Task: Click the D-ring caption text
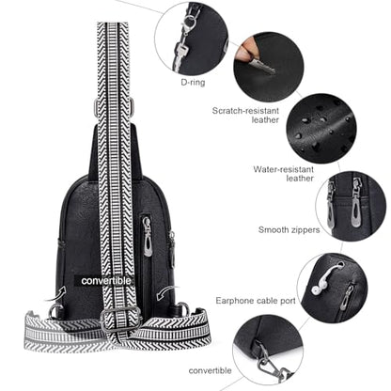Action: pyautogui.click(x=193, y=83)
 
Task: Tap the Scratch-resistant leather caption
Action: pyautogui.click(x=245, y=115)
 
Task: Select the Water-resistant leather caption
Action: pyautogui.click(x=284, y=174)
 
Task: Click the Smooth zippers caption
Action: pyautogui.click(x=289, y=229)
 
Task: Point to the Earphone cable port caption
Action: pyautogui.click(x=256, y=301)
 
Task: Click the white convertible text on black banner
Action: pyautogui.click(x=106, y=281)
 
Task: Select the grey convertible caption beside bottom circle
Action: pyautogui.click(x=210, y=370)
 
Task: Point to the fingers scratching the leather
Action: pyautogui.click(x=246, y=51)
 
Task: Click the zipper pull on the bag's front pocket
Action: pyautogui.click(x=148, y=237)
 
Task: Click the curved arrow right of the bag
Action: pyautogui.click(x=165, y=293)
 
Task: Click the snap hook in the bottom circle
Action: pyautogui.click(x=274, y=365)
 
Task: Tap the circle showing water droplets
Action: pyautogui.click(x=321, y=129)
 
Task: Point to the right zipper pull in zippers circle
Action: pyautogui.click(x=356, y=204)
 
